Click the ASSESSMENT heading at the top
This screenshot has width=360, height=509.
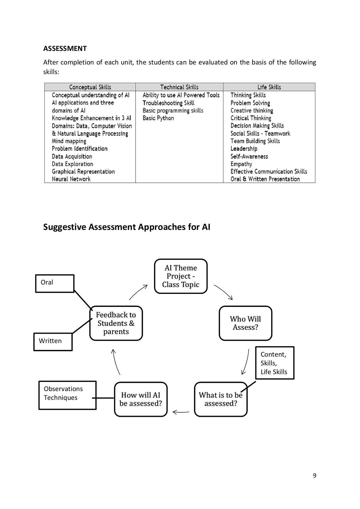click(x=65, y=49)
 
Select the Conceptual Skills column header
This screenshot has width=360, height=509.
click(x=90, y=87)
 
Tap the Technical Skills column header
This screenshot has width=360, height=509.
click(x=179, y=87)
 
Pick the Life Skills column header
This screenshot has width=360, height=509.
click(x=269, y=87)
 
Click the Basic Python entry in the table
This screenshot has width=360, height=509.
click(x=158, y=118)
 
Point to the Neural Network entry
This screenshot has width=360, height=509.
click(x=71, y=179)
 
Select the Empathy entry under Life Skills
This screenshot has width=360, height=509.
click(x=241, y=164)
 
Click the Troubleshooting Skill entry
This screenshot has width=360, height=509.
click(x=168, y=103)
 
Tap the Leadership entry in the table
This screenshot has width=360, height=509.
click(x=243, y=149)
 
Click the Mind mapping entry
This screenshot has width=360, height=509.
click(x=69, y=141)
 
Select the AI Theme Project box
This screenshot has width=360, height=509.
click(x=181, y=276)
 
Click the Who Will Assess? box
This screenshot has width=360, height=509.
click(x=245, y=323)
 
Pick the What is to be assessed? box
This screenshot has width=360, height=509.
click(x=221, y=399)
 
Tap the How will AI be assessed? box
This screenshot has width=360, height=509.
click(x=141, y=399)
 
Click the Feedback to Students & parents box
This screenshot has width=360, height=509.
click(x=116, y=323)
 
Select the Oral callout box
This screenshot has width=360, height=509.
click(x=55, y=283)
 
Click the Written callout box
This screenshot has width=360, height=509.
click(x=53, y=342)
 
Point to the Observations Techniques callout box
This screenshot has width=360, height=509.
click(x=67, y=395)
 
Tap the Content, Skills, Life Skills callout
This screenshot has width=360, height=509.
click(x=275, y=363)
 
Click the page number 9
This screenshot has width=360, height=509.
click(x=314, y=476)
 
